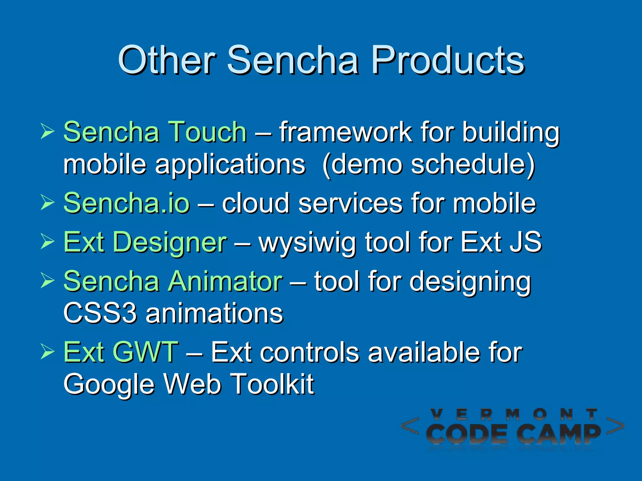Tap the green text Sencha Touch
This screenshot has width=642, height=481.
[x=155, y=132]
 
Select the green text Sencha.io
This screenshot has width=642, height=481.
[x=127, y=203]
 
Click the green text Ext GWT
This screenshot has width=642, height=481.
[x=121, y=352]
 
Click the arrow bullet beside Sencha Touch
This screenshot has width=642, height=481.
[x=47, y=131]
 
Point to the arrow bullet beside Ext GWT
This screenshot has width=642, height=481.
[x=47, y=352]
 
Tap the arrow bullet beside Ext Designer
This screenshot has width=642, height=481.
[x=47, y=242]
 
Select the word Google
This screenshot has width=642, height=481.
[x=109, y=385]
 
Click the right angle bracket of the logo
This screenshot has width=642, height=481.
[x=615, y=426]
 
